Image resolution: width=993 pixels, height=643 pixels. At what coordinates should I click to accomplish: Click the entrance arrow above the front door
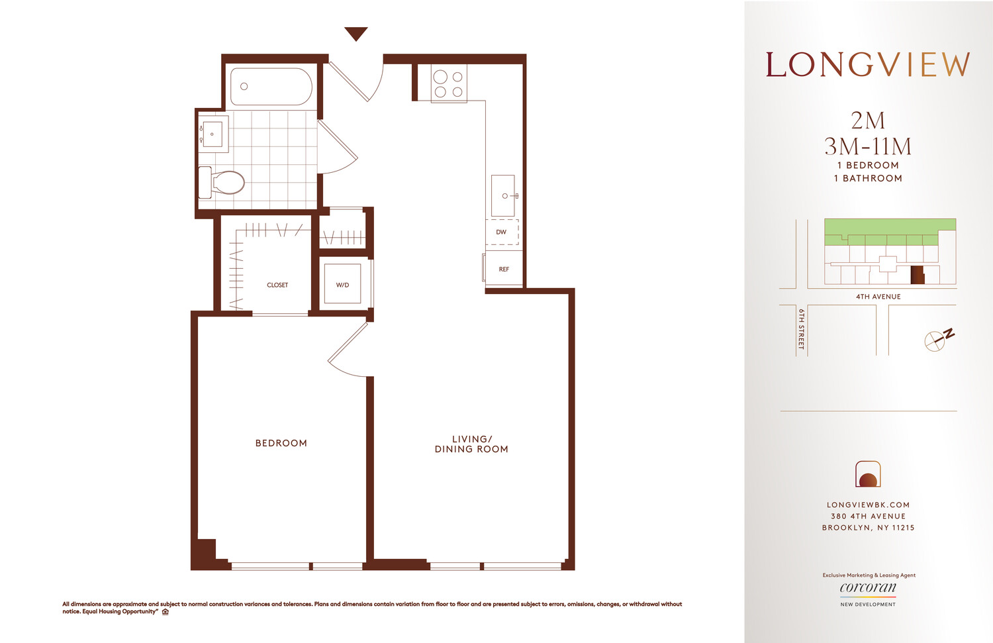356,34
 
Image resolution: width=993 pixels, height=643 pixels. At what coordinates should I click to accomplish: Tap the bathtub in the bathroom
271,87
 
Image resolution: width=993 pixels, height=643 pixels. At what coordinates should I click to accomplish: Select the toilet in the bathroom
226,182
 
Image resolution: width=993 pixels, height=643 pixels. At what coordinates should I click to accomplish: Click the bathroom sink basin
213,134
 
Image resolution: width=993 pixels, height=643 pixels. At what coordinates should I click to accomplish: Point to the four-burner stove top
448,83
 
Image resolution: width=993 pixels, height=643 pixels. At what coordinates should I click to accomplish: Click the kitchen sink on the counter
503,195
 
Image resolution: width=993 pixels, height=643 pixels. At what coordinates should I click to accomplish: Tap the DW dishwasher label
501,232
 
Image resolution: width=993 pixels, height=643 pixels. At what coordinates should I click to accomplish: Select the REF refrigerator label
504,269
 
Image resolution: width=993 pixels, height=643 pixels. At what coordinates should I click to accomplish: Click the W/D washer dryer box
342,285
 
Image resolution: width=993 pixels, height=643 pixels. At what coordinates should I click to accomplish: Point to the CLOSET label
277,285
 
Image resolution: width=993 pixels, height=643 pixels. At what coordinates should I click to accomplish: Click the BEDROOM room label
281,443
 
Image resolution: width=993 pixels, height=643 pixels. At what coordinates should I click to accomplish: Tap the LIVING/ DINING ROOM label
471,444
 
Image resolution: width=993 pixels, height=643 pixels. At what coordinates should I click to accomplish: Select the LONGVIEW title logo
868,65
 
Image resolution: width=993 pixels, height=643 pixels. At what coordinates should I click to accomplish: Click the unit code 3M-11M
868,146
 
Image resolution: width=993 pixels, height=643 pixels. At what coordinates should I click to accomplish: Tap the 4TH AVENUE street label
878,297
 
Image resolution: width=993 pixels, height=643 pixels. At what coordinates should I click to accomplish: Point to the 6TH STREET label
801,328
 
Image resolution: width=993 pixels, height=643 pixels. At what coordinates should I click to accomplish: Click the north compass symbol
937,340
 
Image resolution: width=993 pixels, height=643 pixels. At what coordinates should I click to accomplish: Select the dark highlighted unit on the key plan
917,274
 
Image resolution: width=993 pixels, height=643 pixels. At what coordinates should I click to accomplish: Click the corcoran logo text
868,587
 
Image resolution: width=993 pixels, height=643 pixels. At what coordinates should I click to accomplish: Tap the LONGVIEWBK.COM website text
868,505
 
